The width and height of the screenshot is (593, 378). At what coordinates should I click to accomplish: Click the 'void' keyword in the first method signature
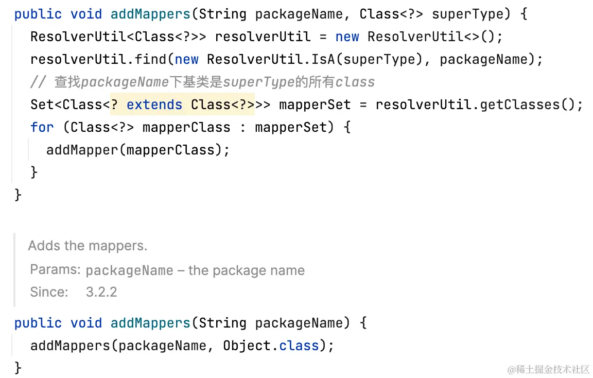pyautogui.click(x=86, y=14)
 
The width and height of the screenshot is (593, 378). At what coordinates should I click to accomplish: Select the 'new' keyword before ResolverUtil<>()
pyautogui.click(x=347, y=37)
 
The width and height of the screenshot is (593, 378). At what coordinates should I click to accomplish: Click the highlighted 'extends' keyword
pyautogui.click(x=154, y=105)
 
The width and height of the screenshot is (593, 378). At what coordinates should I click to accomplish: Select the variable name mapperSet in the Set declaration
pyautogui.click(x=315, y=105)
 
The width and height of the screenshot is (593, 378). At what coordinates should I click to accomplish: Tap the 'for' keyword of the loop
pyautogui.click(x=42, y=127)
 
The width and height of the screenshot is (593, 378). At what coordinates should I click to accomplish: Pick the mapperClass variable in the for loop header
pyautogui.click(x=186, y=127)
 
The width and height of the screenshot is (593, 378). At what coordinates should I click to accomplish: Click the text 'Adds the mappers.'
pyautogui.click(x=88, y=246)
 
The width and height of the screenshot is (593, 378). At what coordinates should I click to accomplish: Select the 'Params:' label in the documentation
pyautogui.click(x=55, y=270)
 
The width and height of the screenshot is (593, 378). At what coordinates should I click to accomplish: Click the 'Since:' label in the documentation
pyautogui.click(x=49, y=292)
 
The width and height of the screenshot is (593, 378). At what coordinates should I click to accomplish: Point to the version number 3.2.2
pyautogui.click(x=101, y=292)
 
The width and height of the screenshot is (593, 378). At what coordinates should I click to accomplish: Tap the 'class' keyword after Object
pyautogui.click(x=299, y=345)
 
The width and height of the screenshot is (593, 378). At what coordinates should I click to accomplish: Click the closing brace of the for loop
pyautogui.click(x=34, y=171)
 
